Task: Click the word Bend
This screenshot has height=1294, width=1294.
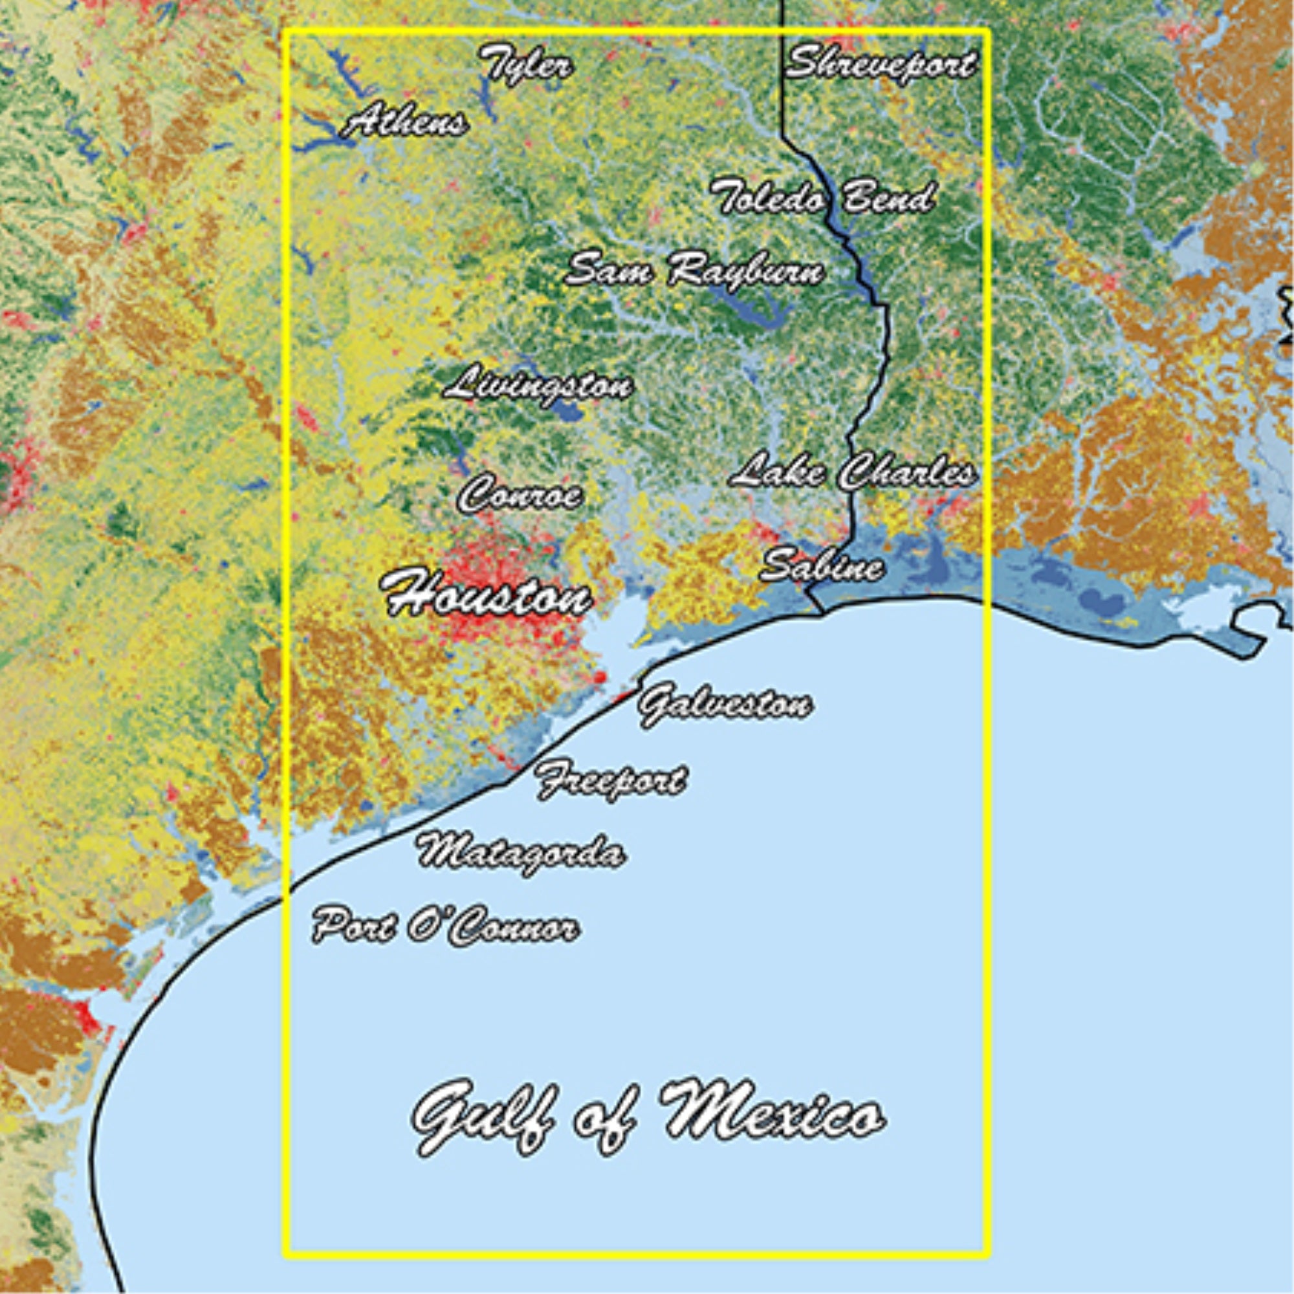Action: [887, 197]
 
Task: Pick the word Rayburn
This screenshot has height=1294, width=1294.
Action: [744, 271]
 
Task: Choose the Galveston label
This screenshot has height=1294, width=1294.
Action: [725, 705]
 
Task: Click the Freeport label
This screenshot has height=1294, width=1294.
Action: [611, 779]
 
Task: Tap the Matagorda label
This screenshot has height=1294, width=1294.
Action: [521, 853]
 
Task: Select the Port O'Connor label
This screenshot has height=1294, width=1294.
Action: [446, 927]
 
